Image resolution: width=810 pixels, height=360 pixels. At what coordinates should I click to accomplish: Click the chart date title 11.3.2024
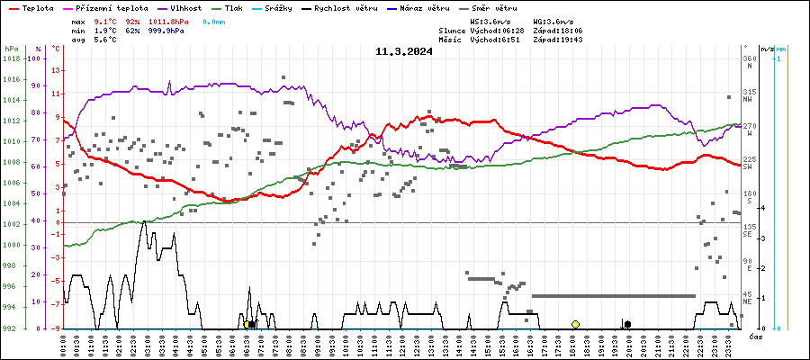coord(404,51)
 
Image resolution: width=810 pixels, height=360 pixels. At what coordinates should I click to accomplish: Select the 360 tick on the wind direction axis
coord(749,59)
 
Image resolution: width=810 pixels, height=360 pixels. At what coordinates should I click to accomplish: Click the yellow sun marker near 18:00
coord(575,324)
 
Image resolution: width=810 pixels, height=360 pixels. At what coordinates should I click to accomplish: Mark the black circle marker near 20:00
coord(627,324)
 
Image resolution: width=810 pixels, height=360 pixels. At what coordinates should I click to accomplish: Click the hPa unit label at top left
coord(11,49)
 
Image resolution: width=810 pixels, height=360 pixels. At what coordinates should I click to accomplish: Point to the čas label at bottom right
coord(758,336)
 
